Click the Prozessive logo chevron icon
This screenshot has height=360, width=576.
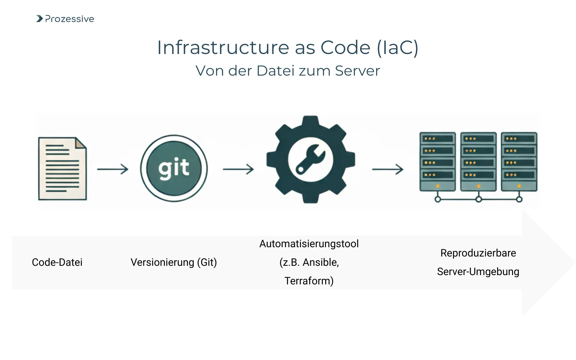click(x=40, y=19)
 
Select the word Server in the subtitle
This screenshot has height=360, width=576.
click(x=357, y=71)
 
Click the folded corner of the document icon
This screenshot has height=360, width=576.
click(x=80, y=143)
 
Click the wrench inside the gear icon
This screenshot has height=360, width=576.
click(x=310, y=159)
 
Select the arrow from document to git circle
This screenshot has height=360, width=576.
click(x=113, y=169)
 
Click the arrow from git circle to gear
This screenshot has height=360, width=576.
click(x=238, y=169)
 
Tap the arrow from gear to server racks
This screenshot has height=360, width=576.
click(x=388, y=169)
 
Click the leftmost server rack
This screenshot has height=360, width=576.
click(x=437, y=161)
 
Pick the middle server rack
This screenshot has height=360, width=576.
click(x=478, y=161)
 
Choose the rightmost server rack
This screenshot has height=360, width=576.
click(x=519, y=161)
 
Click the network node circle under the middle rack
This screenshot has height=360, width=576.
click(x=478, y=199)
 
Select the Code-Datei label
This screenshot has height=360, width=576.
click(x=57, y=262)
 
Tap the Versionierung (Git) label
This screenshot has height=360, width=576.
click(x=174, y=262)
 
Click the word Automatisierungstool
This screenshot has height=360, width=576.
click(x=309, y=244)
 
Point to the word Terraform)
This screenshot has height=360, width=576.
click(x=309, y=281)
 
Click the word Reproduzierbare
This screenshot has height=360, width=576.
click(x=478, y=253)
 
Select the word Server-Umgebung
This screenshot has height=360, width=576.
click(x=478, y=271)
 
